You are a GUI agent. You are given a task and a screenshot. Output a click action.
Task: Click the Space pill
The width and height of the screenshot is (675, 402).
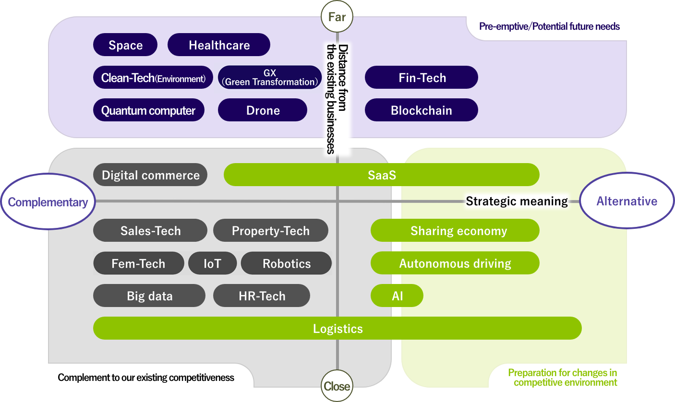125,45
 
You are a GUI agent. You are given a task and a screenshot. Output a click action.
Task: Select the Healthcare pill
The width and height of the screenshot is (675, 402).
219,45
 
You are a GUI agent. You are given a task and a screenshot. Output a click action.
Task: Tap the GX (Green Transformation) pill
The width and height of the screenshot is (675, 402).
270,78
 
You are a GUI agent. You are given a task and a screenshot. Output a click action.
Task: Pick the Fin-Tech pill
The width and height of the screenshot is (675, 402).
422,78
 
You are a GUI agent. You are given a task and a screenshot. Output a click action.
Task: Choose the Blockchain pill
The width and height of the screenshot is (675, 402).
422,110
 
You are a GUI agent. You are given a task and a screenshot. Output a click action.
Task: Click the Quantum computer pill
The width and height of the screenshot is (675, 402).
148,110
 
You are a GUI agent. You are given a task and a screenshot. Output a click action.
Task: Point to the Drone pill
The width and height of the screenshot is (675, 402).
263,110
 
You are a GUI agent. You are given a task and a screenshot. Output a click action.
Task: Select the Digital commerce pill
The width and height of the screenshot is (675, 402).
150,175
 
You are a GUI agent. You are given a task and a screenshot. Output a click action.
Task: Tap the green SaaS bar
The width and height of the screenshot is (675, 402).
382,175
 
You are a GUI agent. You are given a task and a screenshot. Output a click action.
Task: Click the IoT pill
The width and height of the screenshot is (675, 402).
212,263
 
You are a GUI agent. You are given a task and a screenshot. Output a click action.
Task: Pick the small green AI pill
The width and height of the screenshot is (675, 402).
397,296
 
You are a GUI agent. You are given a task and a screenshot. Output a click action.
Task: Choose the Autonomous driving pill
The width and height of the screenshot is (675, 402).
455,263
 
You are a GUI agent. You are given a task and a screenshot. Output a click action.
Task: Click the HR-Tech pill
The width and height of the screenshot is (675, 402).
262,296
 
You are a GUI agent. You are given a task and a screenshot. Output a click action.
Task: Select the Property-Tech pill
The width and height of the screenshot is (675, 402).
270,231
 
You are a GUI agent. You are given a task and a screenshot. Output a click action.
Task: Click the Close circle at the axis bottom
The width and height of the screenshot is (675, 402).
337,386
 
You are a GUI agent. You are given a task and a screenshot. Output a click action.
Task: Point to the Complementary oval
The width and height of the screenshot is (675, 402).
48,202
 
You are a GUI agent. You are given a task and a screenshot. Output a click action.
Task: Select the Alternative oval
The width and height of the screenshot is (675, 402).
627,201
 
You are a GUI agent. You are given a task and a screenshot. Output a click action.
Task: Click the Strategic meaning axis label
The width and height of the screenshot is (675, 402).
517,201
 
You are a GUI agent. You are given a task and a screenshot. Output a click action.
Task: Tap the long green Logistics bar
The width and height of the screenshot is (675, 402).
337,329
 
